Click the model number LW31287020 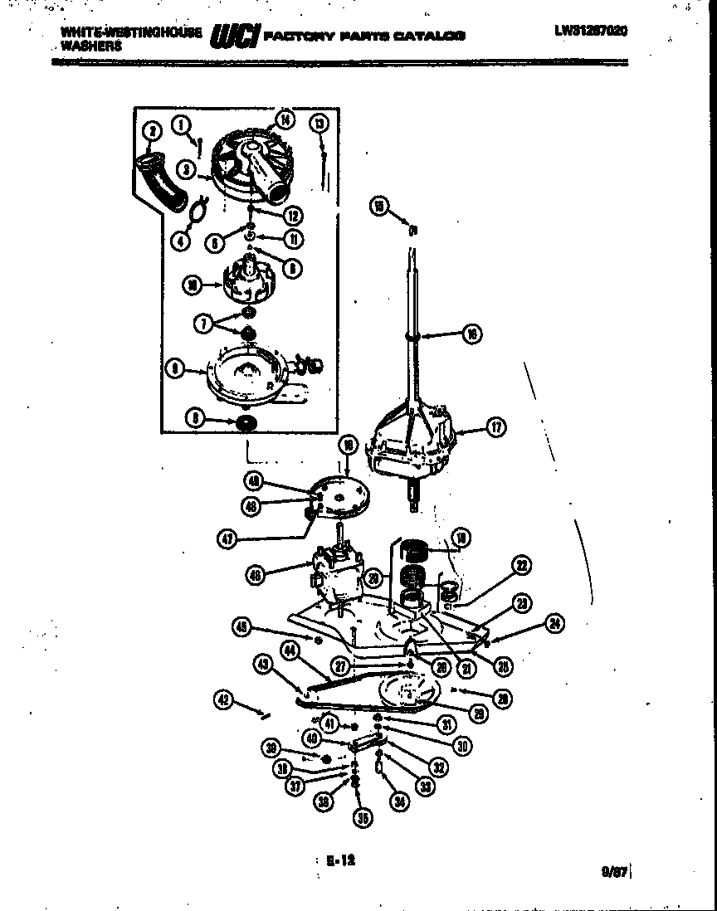[x=592, y=31]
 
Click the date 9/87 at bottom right [x=612, y=871]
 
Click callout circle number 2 [x=151, y=130]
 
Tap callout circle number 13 [x=319, y=124]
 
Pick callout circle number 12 [x=292, y=215]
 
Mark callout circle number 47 [x=228, y=538]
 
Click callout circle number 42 [x=222, y=700]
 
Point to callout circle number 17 [x=496, y=428]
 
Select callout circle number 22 [x=521, y=567]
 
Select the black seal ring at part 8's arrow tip [x=246, y=423]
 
